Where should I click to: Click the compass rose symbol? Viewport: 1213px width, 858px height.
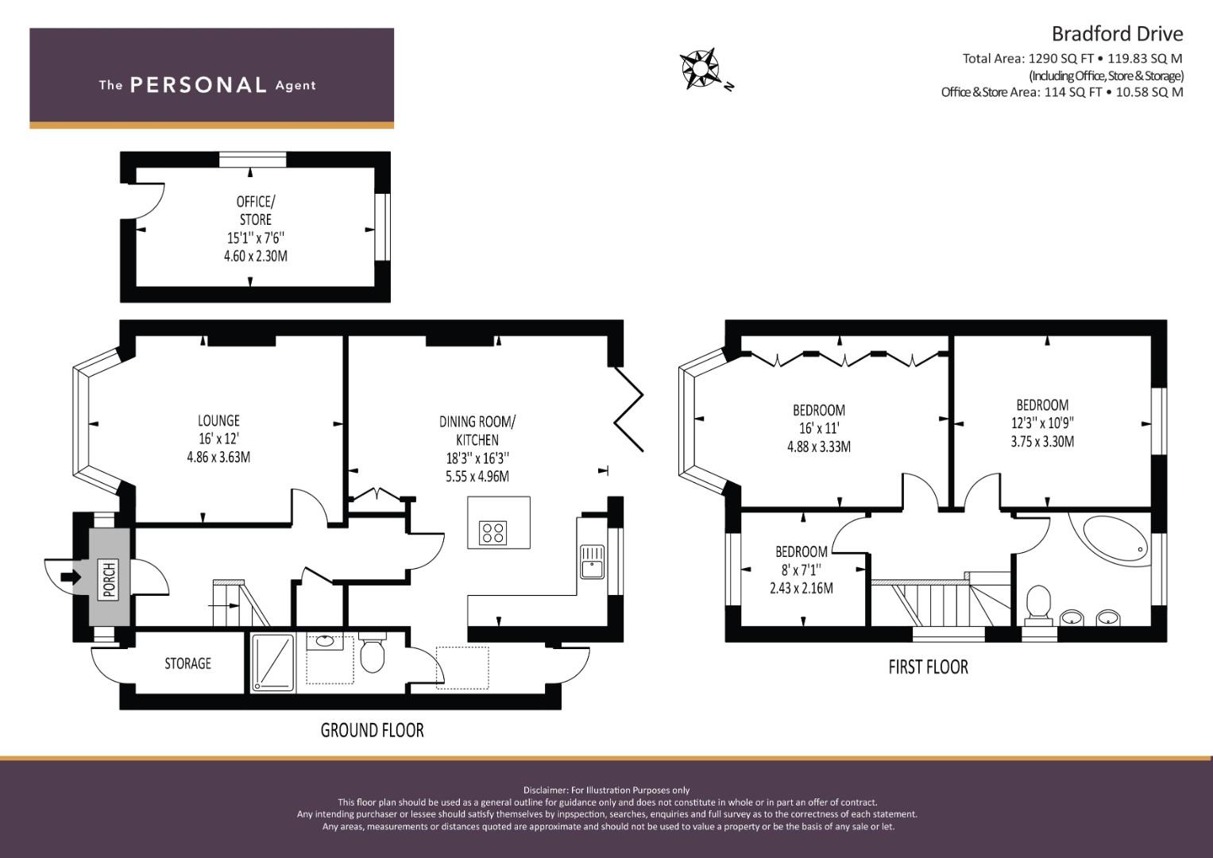click(701, 68)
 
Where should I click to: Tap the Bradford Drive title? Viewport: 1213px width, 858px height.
click(1117, 33)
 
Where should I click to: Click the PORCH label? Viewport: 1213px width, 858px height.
click(110, 580)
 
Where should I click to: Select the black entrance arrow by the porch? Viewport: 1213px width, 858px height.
click(71, 577)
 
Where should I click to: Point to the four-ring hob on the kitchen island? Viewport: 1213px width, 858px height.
click(493, 532)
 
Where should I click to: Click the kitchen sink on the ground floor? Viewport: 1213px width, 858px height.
click(592, 562)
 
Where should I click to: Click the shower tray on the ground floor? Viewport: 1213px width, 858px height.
click(273, 663)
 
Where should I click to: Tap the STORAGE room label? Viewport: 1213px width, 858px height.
click(188, 663)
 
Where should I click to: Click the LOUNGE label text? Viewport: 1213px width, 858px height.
click(218, 420)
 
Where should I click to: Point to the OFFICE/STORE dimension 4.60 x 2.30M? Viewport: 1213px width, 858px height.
click(256, 256)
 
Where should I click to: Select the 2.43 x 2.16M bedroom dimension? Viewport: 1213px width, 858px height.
click(802, 588)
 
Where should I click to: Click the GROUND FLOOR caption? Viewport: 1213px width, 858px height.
click(372, 730)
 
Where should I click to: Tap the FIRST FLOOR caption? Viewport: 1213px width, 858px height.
click(928, 667)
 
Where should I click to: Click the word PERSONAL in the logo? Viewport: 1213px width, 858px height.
click(199, 85)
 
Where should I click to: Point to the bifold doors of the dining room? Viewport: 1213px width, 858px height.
click(629, 409)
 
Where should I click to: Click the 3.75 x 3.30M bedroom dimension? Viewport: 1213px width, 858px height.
click(1042, 442)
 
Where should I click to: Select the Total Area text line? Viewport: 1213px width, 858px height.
click(1072, 59)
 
